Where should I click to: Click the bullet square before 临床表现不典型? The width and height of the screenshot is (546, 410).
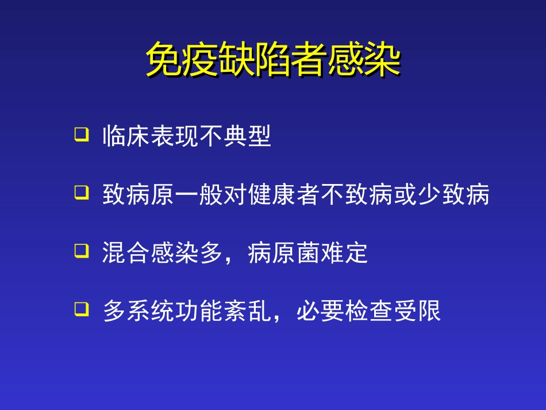82,135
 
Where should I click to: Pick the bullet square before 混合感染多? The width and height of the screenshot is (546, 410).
82,251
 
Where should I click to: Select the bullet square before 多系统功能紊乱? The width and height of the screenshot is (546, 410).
82,310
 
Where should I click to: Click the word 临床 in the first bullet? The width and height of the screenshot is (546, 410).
126,137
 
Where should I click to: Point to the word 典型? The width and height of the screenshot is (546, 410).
247,137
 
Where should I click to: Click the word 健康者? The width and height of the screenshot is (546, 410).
284,196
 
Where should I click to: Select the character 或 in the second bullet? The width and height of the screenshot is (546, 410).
405,196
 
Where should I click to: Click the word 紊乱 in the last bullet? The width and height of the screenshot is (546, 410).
247,312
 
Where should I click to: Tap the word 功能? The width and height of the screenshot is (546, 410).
199,312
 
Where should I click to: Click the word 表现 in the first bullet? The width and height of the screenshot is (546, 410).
175,137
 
